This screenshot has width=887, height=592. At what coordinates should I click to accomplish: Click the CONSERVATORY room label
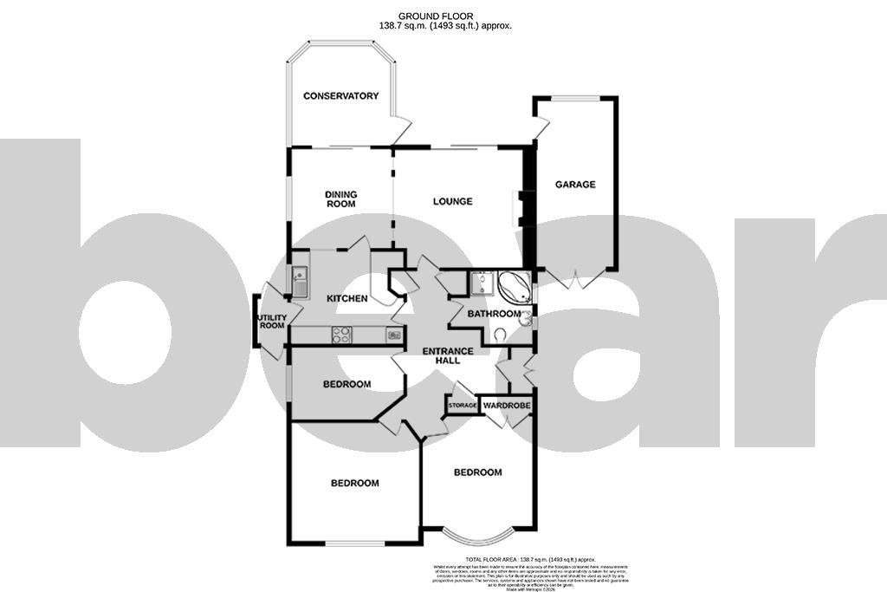pos(340,95)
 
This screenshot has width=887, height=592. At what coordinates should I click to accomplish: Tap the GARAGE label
pos(575,185)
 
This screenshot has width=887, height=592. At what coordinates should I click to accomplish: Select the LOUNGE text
pos(453,202)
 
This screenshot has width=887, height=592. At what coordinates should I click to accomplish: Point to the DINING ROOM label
pos(340,199)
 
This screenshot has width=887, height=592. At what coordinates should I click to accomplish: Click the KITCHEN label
pos(346,299)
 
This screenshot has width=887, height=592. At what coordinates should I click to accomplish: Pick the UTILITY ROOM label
pos(272,321)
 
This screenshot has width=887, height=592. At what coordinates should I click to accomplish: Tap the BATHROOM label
pos(495,314)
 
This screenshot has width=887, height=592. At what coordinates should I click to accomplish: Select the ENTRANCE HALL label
pos(447,356)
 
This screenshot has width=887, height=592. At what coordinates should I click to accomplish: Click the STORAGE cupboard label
pos(463,406)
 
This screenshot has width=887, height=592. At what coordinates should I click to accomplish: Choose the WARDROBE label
pos(507,406)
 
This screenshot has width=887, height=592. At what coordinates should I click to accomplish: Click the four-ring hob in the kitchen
pos(341,335)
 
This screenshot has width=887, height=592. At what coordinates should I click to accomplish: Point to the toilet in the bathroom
pos(501,335)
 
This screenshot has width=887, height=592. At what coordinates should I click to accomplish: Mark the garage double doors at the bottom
pos(576,279)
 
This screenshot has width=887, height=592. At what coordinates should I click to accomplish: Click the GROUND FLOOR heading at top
pos(445,16)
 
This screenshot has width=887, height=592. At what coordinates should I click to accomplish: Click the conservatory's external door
pos(400,132)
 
